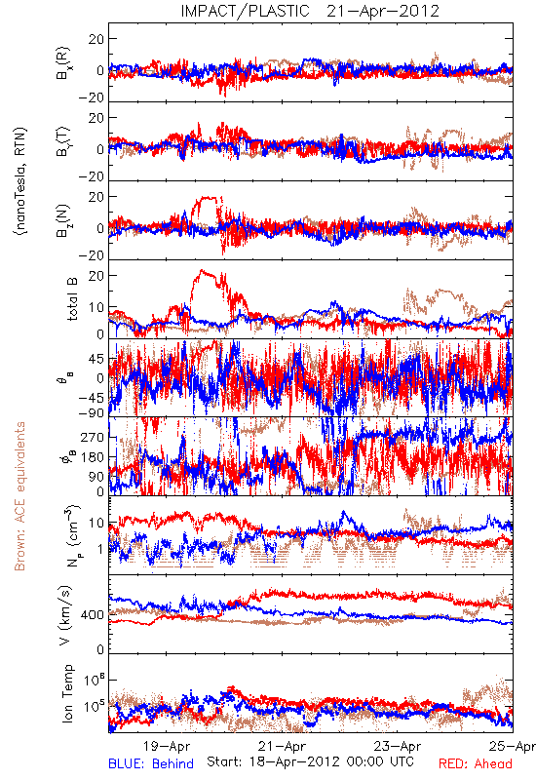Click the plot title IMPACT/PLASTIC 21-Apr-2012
click(x=310, y=11)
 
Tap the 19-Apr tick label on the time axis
click(x=167, y=746)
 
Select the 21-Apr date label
click(x=282, y=746)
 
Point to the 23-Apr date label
click(x=398, y=746)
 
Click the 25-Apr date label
click(x=512, y=746)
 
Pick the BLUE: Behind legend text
click(x=151, y=763)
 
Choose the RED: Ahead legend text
click(x=475, y=763)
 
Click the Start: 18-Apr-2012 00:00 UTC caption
click(x=310, y=761)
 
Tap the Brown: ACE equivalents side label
click(x=19, y=496)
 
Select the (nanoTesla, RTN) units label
click(x=20, y=181)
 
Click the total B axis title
click(x=72, y=299)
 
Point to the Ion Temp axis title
click(x=67, y=693)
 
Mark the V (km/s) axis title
click(x=65, y=615)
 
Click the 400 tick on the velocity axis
click(x=93, y=615)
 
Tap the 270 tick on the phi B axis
click(x=93, y=437)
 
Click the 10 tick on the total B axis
click(x=96, y=307)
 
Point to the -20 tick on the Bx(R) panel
click(x=91, y=97)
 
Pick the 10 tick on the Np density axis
click(x=96, y=524)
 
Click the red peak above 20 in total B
click(x=202, y=271)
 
